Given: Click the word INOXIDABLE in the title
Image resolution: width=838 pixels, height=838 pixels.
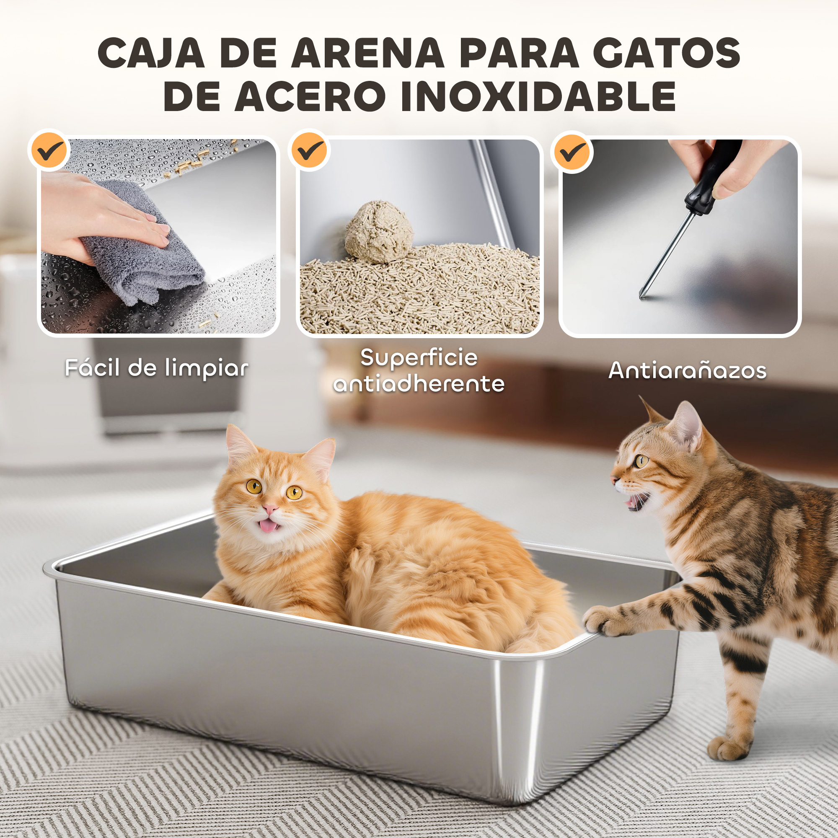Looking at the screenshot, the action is pyautogui.click(x=538, y=96).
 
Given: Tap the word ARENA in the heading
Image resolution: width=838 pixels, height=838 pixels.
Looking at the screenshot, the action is pyautogui.click(x=368, y=52).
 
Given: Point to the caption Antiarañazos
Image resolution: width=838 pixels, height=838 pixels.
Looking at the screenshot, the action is pyautogui.click(x=688, y=370).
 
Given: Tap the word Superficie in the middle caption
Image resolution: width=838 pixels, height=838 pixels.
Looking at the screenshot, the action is pyautogui.click(x=419, y=358).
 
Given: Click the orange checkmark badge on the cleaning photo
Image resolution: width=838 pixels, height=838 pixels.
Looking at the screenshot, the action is pyautogui.click(x=49, y=150).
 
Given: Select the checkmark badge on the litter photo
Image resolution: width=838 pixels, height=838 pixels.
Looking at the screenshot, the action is pyautogui.click(x=309, y=150).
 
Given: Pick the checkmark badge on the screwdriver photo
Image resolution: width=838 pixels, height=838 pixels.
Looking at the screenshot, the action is pyautogui.click(x=572, y=152).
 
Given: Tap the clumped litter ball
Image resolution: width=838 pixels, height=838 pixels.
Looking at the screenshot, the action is pyautogui.click(x=379, y=232).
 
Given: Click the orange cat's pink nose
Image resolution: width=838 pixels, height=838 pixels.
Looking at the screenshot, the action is pyautogui.click(x=271, y=508).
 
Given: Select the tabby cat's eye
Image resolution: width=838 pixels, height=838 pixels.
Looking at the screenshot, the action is pyautogui.click(x=641, y=461).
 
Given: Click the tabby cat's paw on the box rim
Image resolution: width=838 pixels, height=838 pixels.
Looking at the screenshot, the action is pyautogui.click(x=604, y=621).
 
